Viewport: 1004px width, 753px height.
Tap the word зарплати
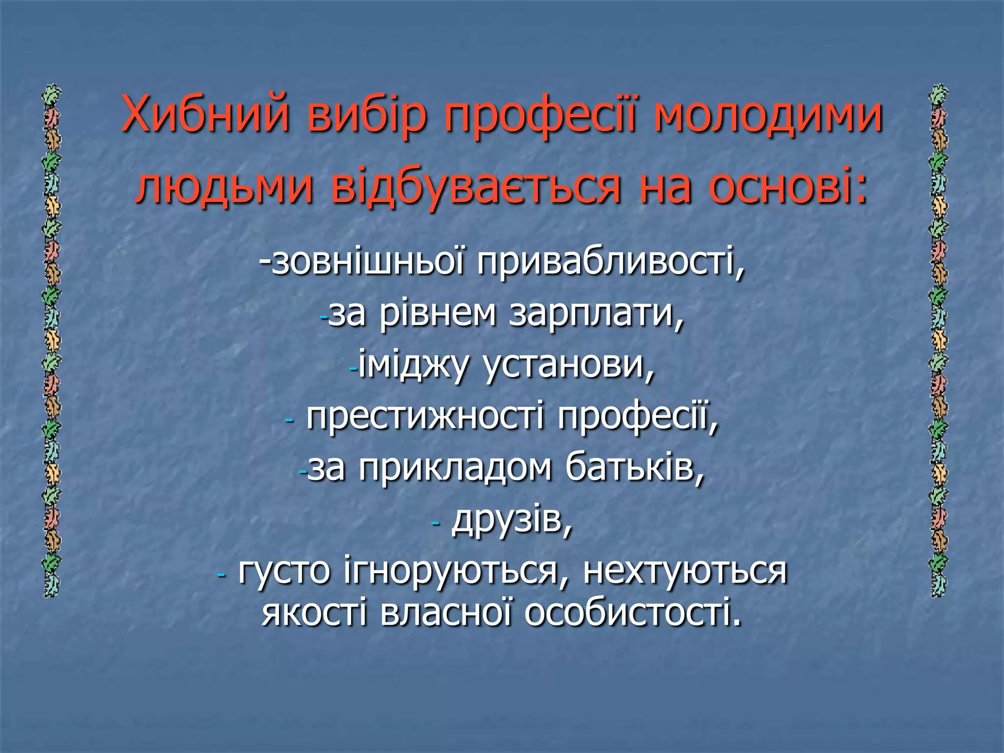coord(595,314)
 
